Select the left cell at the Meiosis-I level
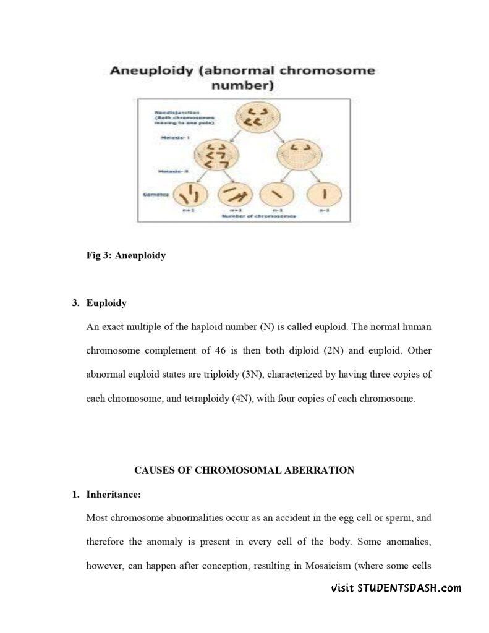(x=217, y=155)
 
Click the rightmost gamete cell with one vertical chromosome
(x=324, y=194)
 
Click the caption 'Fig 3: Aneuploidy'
(x=126, y=255)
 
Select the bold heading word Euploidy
(x=106, y=303)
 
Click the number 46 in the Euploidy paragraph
(x=221, y=350)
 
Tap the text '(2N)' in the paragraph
(x=333, y=350)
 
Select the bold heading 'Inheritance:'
(x=114, y=495)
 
